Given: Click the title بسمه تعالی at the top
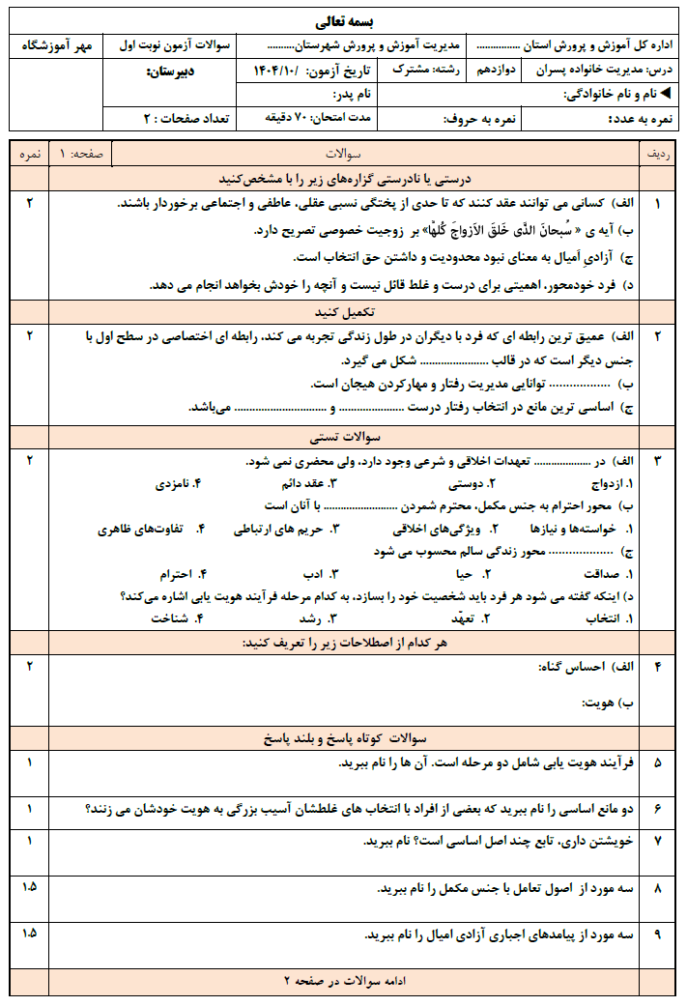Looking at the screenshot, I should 344,20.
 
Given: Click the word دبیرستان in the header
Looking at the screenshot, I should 173,72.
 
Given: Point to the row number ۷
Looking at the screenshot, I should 658,842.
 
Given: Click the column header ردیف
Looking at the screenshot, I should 658,155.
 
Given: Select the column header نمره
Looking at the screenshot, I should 30,155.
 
